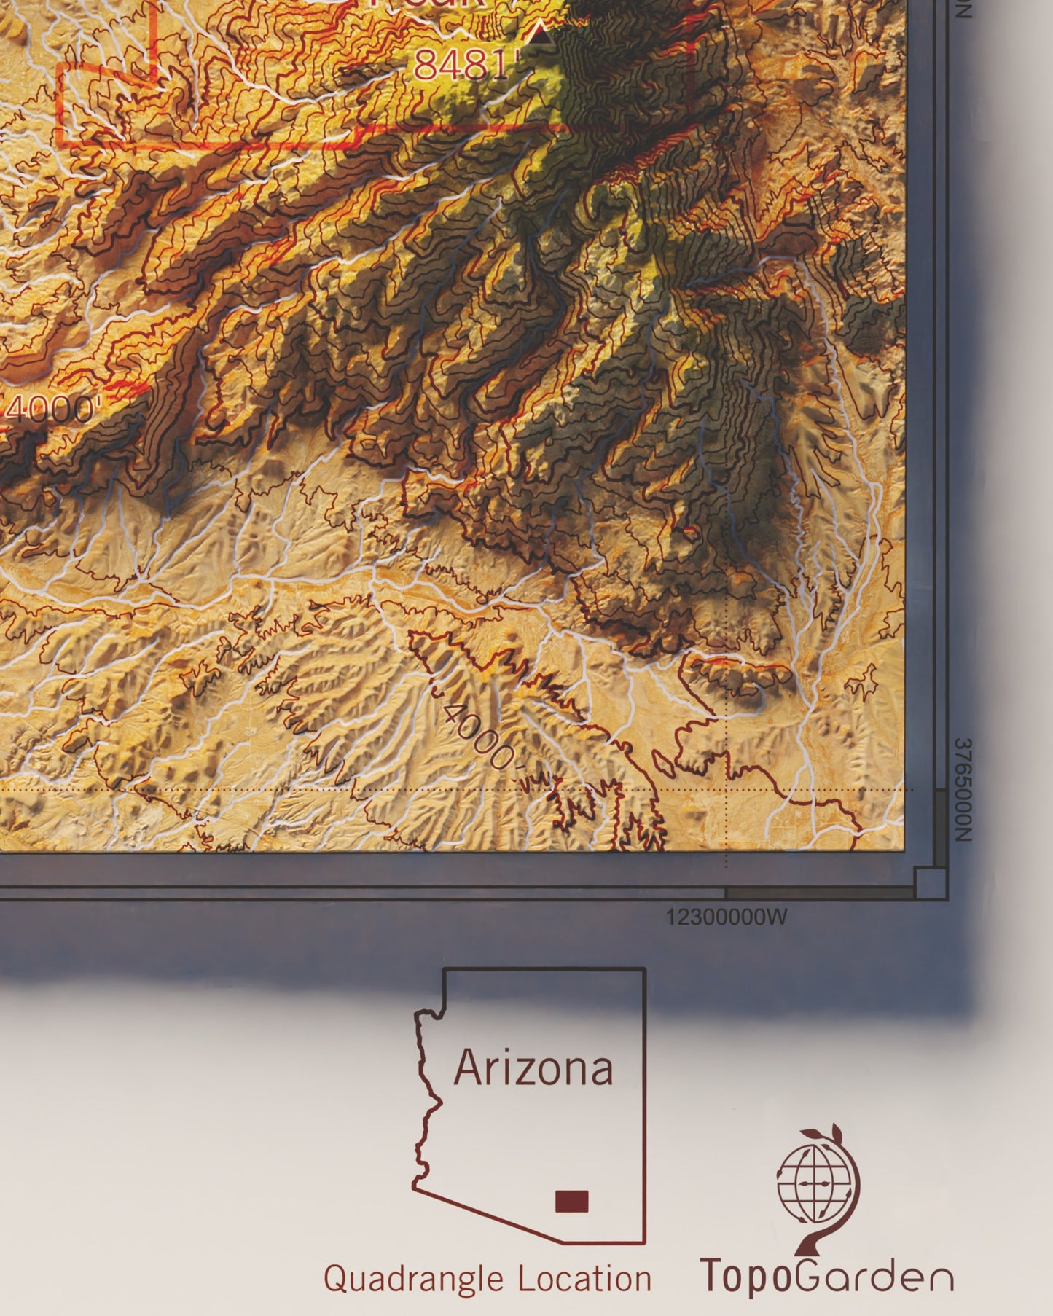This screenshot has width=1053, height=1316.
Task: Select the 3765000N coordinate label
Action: pyautogui.click(x=963, y=790)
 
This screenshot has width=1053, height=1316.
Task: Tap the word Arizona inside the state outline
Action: pyautogui.click(x=533, y=1069)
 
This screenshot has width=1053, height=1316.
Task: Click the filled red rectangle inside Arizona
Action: pyautogui.click(x=571, y=1201)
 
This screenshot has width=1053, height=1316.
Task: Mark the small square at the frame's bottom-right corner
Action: pyautogui.click(x=930, y=883)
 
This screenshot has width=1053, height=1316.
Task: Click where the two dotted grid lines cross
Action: pyautogui.click(x=727, y=789)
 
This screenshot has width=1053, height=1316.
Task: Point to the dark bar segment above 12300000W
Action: pyautogui.click(x=820, y=893)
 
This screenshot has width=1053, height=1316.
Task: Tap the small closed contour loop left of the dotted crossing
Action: pyautogui.click(x=662, y=763)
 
